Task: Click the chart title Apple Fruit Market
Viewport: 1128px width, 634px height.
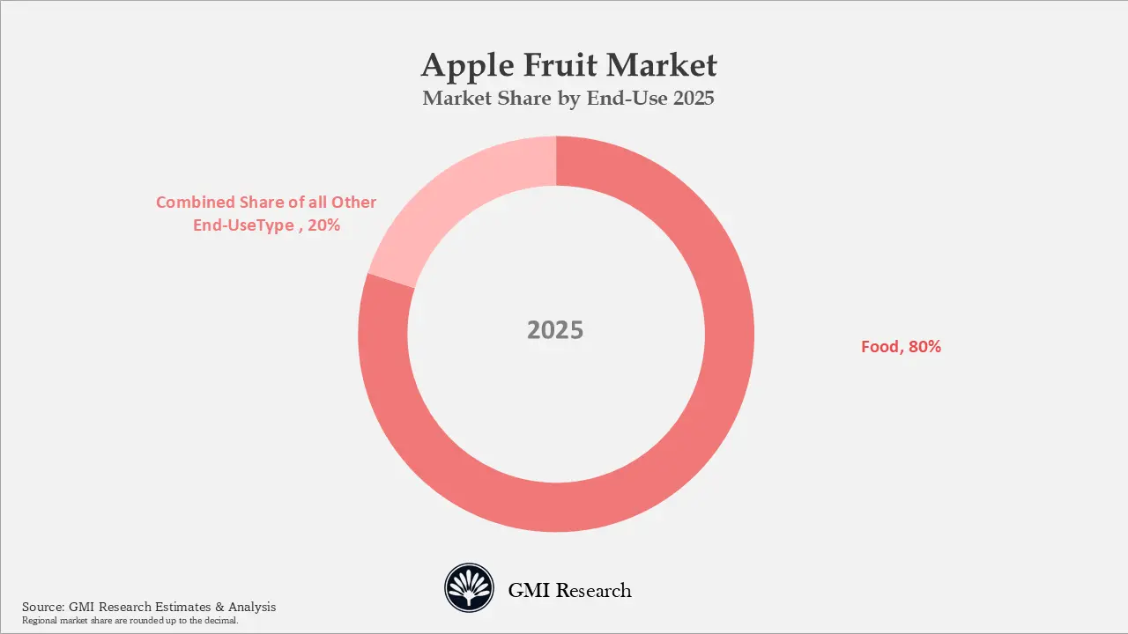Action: tap(568, 66)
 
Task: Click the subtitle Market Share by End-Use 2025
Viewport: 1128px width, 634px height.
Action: tap(568, 99)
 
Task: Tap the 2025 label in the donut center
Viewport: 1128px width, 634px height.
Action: tap(555, 330)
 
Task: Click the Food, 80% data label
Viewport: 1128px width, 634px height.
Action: tap(901, 347)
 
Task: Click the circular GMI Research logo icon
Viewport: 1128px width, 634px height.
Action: tap(469, 589)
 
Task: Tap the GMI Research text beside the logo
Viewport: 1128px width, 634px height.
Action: tap(569, 590)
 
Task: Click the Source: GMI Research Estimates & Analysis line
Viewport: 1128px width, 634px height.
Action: tap(149, 607)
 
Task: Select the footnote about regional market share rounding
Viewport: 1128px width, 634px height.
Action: tap(130, 621)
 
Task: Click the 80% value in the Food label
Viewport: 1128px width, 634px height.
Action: tap(924, 347)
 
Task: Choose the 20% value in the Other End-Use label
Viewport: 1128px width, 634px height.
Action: tap(324, 225)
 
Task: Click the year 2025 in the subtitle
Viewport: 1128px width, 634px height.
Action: tap(693, 99)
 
